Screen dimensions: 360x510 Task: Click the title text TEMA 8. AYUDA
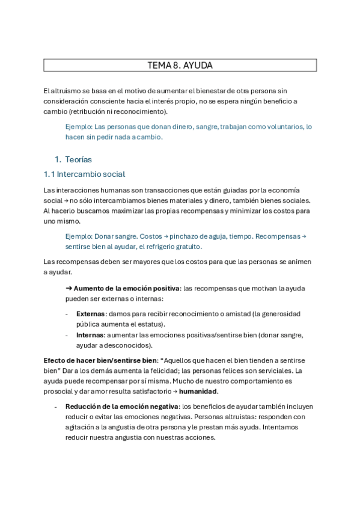click(x=180, y=65)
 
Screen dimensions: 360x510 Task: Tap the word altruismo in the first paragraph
click(x=67, y=90)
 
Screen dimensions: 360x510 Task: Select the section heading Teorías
click(x=79, y=159)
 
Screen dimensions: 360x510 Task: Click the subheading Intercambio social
click(x=92, y=174)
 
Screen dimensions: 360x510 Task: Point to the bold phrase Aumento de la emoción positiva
click(x=126, y=289)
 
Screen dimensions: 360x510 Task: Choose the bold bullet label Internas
click(x=90, y=335)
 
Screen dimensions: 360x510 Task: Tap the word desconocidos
click(x=127, y=345)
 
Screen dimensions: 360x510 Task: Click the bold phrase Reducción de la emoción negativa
click(x=122, y=407)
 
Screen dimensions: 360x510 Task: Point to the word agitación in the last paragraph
click(x=82, y=428)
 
